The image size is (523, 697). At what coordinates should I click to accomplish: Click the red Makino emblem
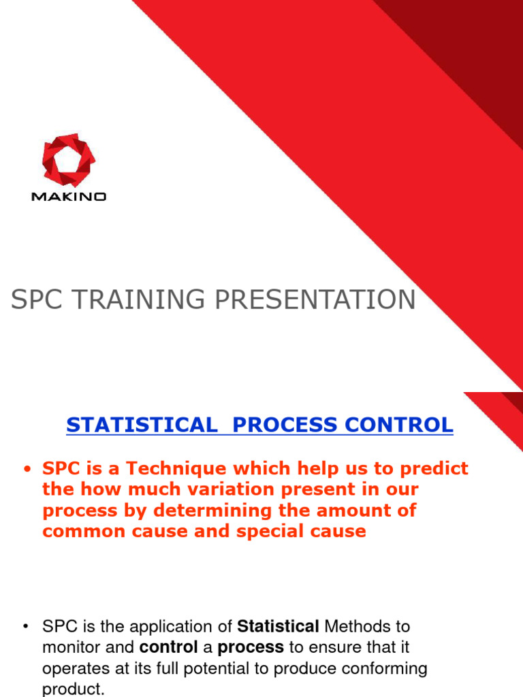[69, 160]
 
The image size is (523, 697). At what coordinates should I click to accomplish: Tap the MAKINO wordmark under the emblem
[69, 197]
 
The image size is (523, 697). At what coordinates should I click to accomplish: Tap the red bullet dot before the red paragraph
[28, 469]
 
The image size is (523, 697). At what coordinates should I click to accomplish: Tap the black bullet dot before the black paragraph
[28, 626]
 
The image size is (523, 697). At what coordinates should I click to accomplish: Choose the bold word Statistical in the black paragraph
[278, 626]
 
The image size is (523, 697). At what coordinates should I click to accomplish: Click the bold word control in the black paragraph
[168, 647]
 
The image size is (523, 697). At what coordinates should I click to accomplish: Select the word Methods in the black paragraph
[355, 626]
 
